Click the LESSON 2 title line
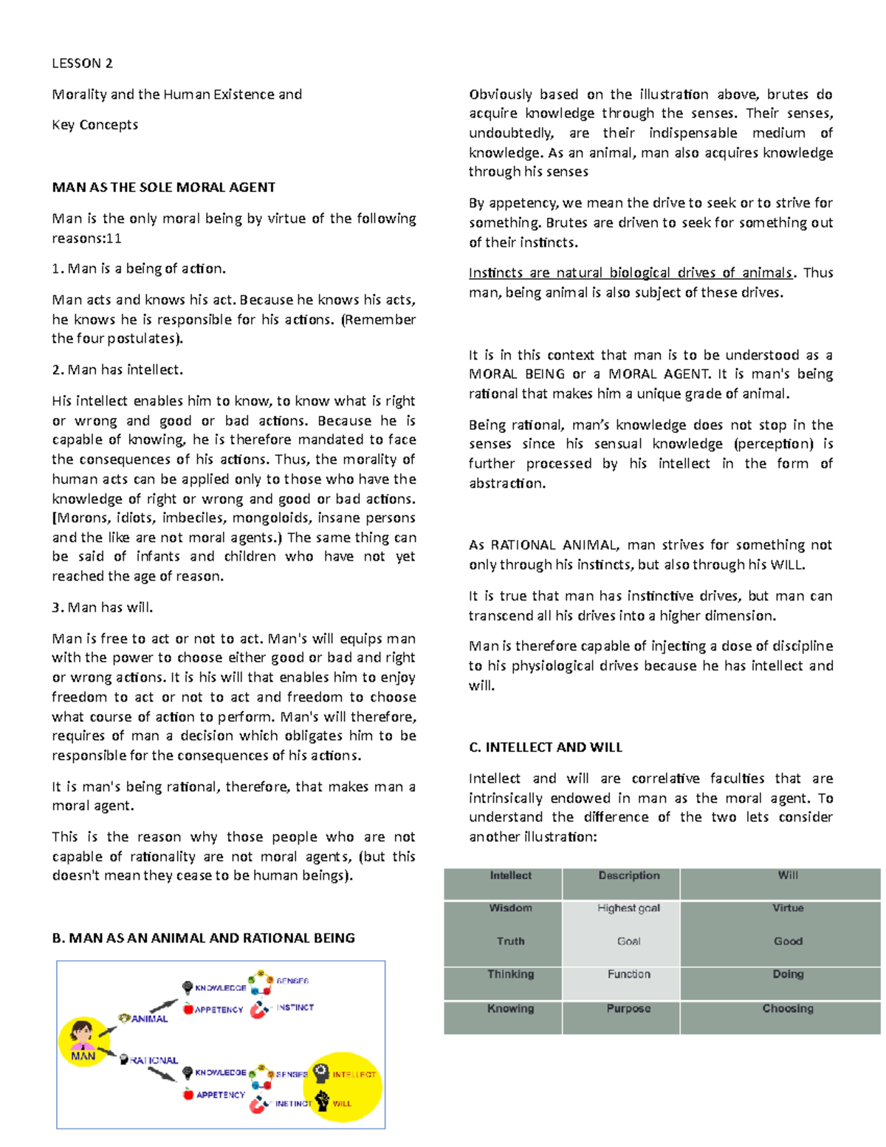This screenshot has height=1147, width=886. click(82, 64)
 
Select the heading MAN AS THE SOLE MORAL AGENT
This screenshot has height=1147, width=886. click(163, 188)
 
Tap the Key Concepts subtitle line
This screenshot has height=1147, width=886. click(95, 125)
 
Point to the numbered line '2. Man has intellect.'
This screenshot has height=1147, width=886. click(117, 370)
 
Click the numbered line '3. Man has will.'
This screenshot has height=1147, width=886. click(103, 608)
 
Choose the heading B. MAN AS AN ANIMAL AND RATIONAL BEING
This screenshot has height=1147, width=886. click(203, 938)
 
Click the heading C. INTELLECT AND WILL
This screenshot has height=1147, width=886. click(545, 747)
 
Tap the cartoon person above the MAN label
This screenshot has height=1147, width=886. click(81, 1033)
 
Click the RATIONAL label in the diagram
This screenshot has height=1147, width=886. click(154, 1061)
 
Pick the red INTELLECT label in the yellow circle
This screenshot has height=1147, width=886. click(354, 1075)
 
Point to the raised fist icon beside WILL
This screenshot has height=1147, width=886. click(322, 1100)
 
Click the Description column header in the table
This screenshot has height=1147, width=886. click(628, 876)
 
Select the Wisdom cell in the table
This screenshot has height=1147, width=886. click(510, 908)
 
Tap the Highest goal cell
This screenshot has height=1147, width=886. click(628, 908)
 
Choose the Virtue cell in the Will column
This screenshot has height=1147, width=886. click(788, 908)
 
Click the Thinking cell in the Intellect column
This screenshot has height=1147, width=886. click(510, 974)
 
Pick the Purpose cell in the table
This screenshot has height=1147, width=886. click(628, 1009)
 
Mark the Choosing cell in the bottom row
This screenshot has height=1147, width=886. click(788, 1009)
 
